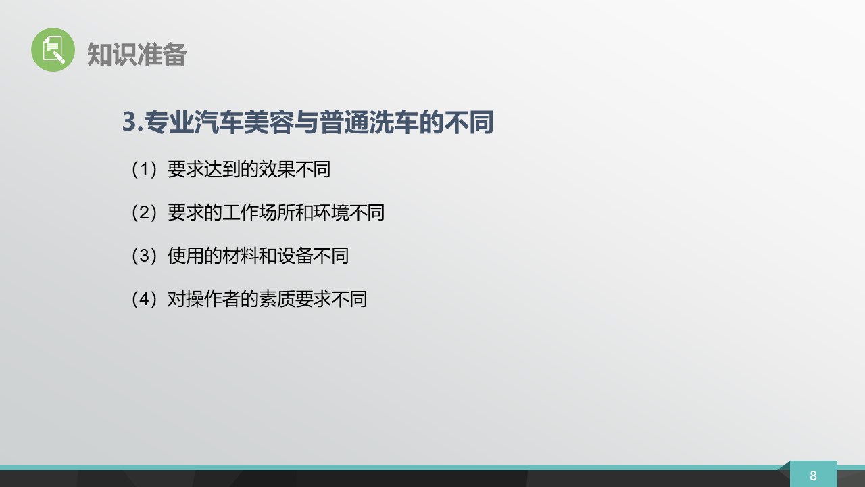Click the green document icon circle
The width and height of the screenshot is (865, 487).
(53, 50)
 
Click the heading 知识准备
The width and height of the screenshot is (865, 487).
(137, 55)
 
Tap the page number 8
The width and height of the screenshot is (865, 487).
(813, 476)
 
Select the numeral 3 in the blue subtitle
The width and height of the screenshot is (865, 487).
(130, 122)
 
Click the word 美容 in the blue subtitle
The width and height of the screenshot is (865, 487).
(269, 122)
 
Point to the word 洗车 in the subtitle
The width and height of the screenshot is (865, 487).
(393, 122)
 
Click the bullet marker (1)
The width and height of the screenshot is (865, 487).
(144, 169)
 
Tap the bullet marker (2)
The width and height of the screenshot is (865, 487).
(144, 212)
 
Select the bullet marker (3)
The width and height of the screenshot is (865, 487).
(144, 256)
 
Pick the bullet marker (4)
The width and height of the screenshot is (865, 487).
(144, 299)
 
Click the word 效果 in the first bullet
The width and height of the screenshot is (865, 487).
(276, 169)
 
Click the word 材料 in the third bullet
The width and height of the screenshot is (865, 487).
(240, 256)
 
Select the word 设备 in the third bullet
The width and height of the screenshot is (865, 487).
(295, 256)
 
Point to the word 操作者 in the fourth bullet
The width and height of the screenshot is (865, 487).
(213, 299)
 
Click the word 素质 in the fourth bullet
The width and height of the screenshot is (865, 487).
(276, 299)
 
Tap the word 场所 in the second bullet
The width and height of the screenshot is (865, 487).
(276, 212)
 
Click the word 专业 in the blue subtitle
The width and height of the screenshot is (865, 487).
(169, 122)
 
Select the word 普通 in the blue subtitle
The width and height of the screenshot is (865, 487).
(344, 122)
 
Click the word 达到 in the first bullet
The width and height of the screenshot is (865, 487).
(222, 169)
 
